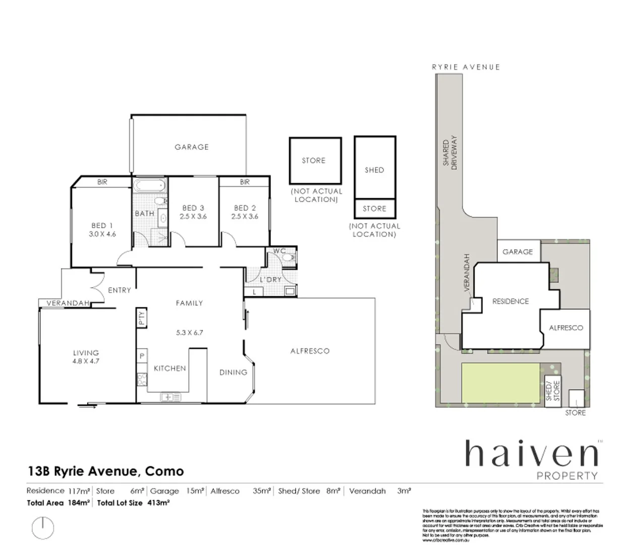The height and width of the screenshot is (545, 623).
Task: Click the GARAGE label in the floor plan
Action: (x=191, y=147)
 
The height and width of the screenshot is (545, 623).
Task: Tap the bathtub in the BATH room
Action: (x=149, y=185)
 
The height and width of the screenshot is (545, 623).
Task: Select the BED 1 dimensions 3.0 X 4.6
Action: (x=102, y=234)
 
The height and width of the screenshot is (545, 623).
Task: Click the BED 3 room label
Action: (x=193, y=208)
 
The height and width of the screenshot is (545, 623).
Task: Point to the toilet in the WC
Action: (x=289, y=257)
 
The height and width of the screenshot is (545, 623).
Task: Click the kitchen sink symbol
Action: (x=171, y=397)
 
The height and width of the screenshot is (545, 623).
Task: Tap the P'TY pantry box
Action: (x=141, y=317)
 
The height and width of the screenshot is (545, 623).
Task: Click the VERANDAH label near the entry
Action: (x=68, y=303)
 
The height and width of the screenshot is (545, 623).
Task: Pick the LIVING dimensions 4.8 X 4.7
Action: (x=86, y=361)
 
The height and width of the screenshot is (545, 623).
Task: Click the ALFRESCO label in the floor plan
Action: (x=310, y=351)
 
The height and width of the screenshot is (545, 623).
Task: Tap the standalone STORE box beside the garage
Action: (x=315, y=160)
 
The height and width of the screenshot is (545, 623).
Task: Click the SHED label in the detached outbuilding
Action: (x=374, y=170)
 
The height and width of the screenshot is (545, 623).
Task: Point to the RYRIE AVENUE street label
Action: (x=466, y=67)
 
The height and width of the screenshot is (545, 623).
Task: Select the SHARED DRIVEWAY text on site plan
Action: (x=449, y=152)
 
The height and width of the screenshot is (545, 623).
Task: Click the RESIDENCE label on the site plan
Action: (x=511, y=301)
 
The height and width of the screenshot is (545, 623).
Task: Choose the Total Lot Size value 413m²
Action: (x=158, y=503)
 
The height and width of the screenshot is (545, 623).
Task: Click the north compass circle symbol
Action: (x=43, y=527)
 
